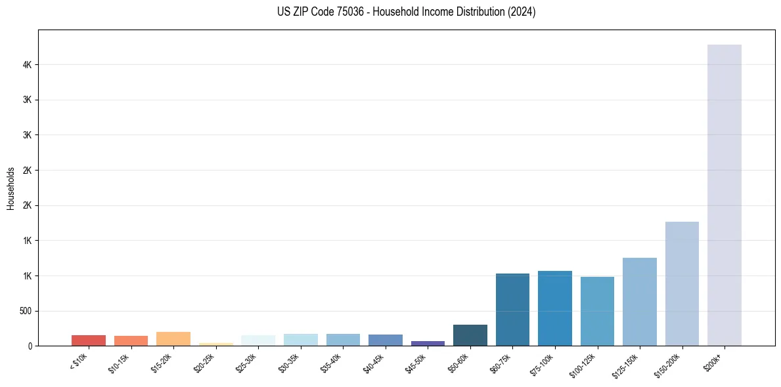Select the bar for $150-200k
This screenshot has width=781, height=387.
click(682, 283)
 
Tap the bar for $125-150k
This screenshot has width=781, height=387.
click(639, 301)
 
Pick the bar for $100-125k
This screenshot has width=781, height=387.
click(597, 311)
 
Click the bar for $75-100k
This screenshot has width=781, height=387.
click(555, 308)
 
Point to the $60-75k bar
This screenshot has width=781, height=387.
click(512, 310)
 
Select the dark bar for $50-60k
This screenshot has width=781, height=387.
click(470, 335)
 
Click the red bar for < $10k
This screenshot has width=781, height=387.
click(89, 340)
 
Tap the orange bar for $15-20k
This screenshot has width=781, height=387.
click(173, 338)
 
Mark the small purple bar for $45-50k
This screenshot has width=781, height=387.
click(428, 343)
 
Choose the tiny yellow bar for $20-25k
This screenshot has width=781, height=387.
click(215, 344)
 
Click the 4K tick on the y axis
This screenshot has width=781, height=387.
click(27, 65)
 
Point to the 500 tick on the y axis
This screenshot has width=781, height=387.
click(26, 311)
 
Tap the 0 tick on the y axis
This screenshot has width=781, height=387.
click(30, 346)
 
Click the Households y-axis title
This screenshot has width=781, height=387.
click(11, 188)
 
